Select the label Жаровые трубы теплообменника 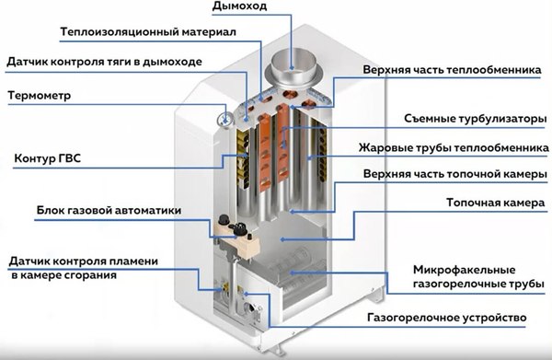pyautogui.click(x=454, y=148)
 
